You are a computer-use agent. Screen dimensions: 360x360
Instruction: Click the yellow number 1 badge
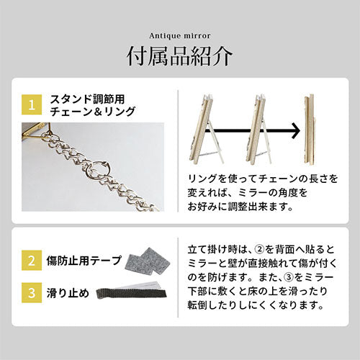pos(30,105)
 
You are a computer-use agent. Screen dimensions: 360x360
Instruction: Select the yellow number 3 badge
pos(30,292)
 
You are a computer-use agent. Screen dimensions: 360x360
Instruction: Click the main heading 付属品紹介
pos(179,56)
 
